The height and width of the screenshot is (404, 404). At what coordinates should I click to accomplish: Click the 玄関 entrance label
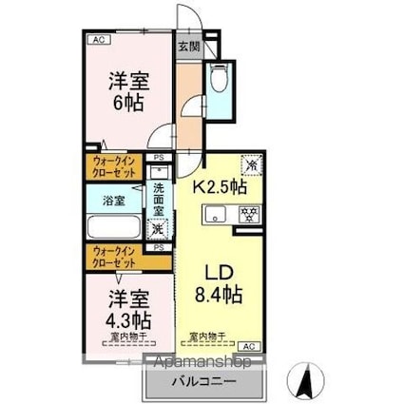(x=188, y=46)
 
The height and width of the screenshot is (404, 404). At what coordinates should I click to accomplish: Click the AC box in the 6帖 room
(x=98, y=39)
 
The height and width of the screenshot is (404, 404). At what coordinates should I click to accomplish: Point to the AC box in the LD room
(x=249, y=346)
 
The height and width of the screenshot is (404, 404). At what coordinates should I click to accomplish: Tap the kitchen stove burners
(x=248, y=213)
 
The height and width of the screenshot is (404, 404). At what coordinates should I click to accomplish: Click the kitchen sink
(x=215, y=212)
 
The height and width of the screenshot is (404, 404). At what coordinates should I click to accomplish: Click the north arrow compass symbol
(x=306, y=383)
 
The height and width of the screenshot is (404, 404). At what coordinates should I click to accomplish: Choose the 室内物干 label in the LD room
(x=205, y=336)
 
